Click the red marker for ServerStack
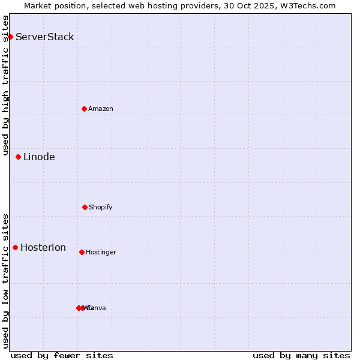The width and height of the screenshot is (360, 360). (x=10, y=37)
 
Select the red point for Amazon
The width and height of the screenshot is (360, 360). (x=84, y=109)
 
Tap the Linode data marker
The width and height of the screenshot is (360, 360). (x=18, y=157)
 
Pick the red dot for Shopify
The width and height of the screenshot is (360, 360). (x=85, y=207)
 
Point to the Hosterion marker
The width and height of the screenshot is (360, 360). (x=15, y=247)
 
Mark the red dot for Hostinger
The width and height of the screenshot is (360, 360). (x=82, y=252)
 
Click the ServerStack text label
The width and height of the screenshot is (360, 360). (x=45, y=37)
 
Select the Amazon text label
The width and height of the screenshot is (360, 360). (x=101, y=109)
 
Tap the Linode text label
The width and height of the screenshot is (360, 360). (x=39, y=157)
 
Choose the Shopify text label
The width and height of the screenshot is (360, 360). (x=101, y=207)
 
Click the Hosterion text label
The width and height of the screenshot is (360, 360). (x=43, y=247)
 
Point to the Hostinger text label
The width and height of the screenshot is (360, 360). (x=101, y=252)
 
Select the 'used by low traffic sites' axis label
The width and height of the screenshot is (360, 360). (x=5, y=280)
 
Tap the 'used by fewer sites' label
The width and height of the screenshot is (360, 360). (x=62, y=355)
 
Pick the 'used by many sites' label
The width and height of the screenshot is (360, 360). (x=301, y=355)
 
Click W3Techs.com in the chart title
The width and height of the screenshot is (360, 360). (x=310, y=5)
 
